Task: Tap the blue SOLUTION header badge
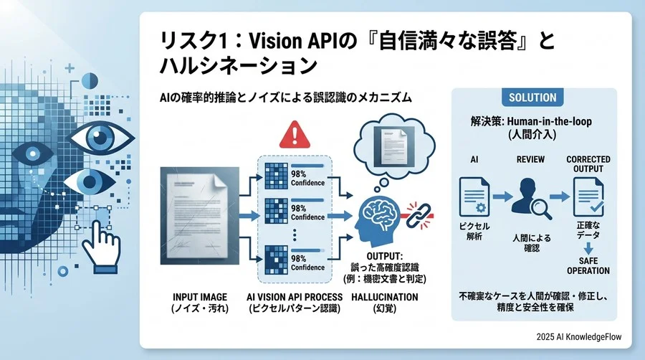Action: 532,98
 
